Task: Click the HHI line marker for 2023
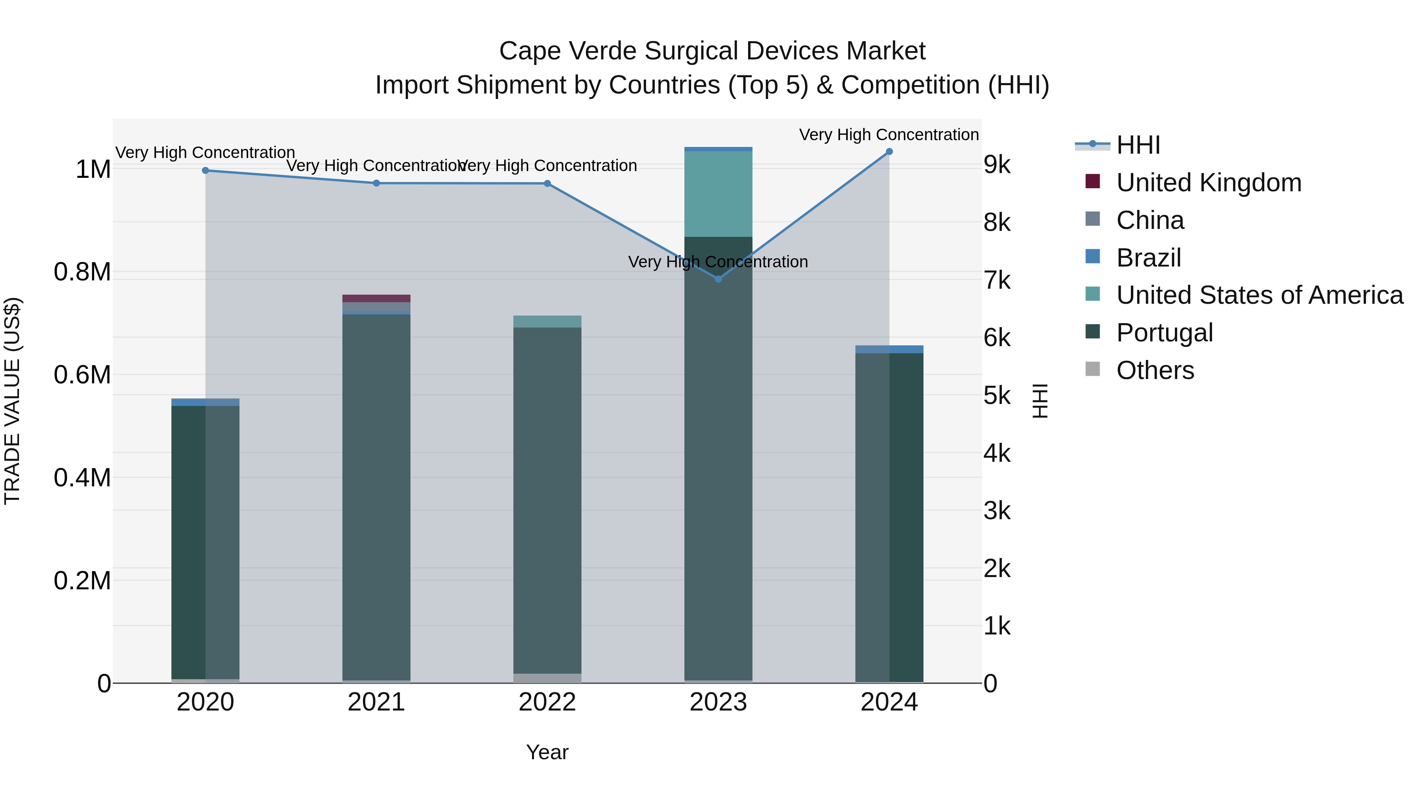pos(718,279)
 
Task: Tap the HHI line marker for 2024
pos(889,152)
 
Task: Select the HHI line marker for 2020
pos(205,170)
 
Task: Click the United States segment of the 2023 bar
pos(718,194)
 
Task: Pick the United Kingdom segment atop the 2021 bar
pos(376,298)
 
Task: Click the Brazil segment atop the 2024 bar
pos(889,349)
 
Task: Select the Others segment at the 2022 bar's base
pos(547,678)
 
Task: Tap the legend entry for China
pos(1149,220)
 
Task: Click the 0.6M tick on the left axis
pos(82,375)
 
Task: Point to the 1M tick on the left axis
pos(93,170)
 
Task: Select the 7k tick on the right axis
pos(997,281)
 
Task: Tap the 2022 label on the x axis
pos(547,702)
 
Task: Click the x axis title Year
pos(547,752)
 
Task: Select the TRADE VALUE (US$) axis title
pos(12,401)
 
